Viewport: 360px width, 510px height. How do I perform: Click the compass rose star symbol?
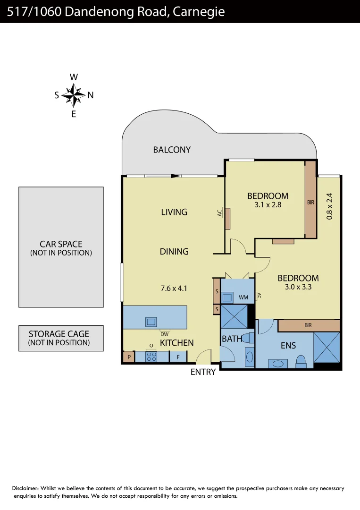coord(73,95)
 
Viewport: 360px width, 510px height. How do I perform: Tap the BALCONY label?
coord(172,150)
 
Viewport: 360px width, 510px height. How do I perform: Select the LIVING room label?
coord(174,212)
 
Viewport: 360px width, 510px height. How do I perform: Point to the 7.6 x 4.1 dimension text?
coord(174,288)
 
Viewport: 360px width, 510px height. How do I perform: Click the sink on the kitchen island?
coord(151,322)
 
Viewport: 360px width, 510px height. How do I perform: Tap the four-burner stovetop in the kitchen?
coord(151,357)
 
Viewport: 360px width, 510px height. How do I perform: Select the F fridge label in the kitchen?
coord(178,357)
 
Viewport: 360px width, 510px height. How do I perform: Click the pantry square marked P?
coord(128,357)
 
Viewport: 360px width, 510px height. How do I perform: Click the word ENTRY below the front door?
coord(203,372)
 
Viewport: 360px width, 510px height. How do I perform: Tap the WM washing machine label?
coord(243,297)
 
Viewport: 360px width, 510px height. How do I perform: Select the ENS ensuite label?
coord(288,346)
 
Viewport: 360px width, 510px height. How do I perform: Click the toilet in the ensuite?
coord(301,361)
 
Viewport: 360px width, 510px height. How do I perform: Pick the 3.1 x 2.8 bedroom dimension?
coord(268,205)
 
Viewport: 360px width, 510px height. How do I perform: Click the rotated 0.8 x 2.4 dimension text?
coord(329,205)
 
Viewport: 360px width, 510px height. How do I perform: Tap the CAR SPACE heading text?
coord(61,244)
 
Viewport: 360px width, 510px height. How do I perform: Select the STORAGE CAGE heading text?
coord(59,334)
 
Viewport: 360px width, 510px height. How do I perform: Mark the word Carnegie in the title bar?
coord(199,12)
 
